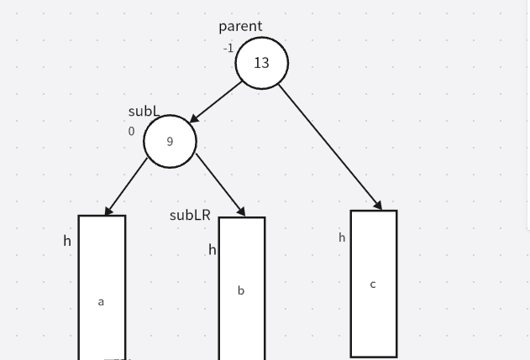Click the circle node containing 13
[261, 63]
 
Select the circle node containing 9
[170, 141]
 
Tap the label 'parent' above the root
[240, 26]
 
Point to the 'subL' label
[144, 111]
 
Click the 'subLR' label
[190, 215]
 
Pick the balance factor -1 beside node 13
[228, 48]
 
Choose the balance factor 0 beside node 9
[131, 131]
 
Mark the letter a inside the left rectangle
[101, 301]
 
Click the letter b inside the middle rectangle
[241, 290]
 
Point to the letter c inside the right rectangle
[373, 284]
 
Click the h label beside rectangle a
[67, 241]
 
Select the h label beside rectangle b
[213, 249]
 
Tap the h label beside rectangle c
[342, 237]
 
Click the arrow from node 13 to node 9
[217, 102]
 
